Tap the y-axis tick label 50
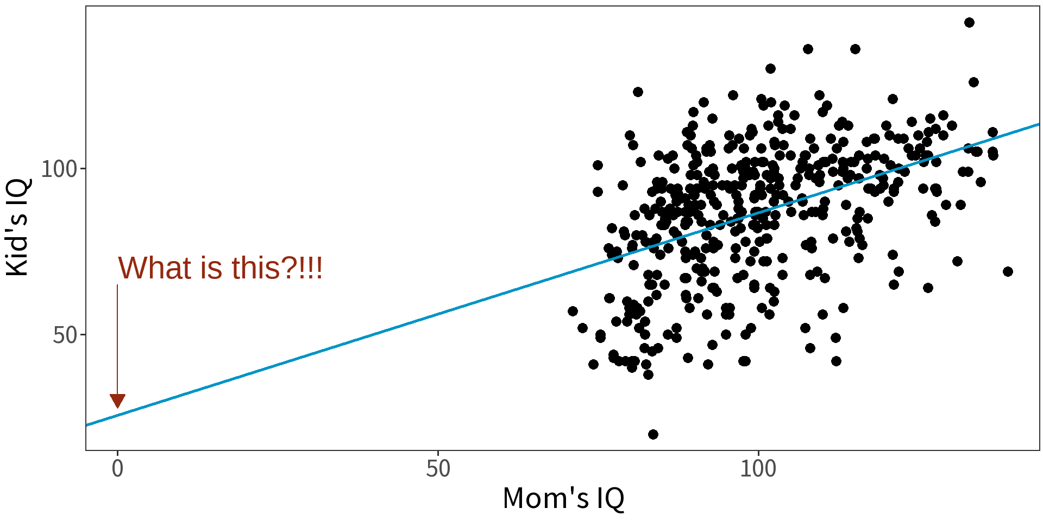coord(65,335)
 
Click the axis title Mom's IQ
coord(563,498)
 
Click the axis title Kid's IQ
coord(17,227)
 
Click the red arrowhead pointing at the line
coord(117,401)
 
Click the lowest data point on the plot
coord(653,434)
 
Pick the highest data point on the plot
coord(969,22)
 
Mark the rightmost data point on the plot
coord(1008,271)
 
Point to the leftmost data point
coord(573,311)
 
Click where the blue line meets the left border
coord(87,425)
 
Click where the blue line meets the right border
coord(1038,124)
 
